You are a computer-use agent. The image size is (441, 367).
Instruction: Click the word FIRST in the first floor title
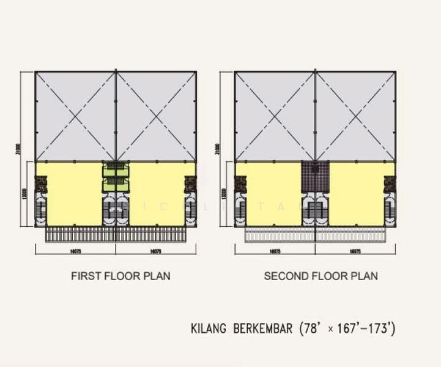pyautogui.click(x=83, y=276)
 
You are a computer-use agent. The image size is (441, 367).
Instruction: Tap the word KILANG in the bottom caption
pyautogui.click(x=209, y=329)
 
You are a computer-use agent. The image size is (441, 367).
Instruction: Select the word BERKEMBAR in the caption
pyautogui.click(x=262, y=329)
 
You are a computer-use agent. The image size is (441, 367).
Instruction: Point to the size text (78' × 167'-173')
pyautogui.click(x=347, y=329)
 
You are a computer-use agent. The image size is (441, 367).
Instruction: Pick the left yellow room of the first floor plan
pyautogui.click(x=73, y=193)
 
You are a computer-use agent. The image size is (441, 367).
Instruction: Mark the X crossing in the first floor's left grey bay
pyautogui.click(x=75, y=116)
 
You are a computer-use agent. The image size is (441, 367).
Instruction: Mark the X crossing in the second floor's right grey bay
pyautogui.click(x=355, y=116)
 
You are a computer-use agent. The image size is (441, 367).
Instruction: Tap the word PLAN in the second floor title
pyautogui.click(x=365, y=276)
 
